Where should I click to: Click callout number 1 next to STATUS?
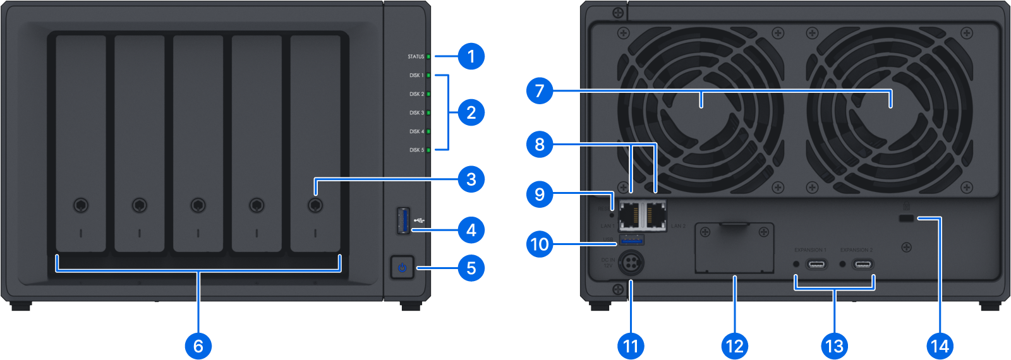471,56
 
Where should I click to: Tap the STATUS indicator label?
416,57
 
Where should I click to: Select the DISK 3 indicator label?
416,113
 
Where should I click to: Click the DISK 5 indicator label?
416,150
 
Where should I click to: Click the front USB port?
403,220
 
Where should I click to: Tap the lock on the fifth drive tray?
315,205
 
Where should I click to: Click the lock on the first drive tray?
81,205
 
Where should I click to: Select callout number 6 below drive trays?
198,345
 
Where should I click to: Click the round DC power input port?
630,262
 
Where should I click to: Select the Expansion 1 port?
816,263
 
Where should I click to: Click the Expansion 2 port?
863,263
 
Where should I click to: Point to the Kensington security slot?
906,219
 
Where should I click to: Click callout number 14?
940,345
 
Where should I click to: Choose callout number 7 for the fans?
539,91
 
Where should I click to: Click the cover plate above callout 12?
734,248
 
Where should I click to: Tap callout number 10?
539,244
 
